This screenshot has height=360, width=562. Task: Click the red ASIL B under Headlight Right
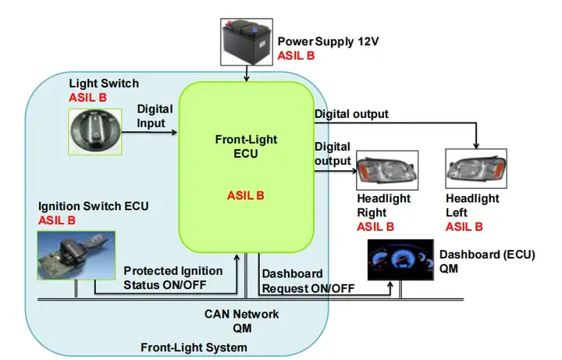click(x=375, y=227)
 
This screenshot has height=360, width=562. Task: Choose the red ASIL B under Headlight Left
click(x=464, y=227)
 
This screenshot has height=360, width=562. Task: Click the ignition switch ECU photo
click(x=75, y=255)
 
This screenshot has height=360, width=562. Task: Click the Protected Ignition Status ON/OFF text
click(x=173, y=276)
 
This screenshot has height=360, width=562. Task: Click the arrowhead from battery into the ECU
click(x=247, y=77)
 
